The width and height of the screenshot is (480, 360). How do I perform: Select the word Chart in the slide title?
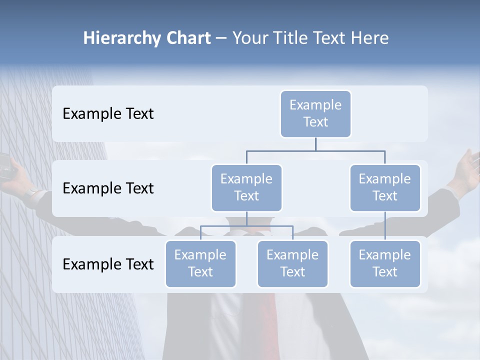click(187, 38)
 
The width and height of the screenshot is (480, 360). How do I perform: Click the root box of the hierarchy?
click(315, 114)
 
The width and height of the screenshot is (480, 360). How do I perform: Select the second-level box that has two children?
click(246, 187)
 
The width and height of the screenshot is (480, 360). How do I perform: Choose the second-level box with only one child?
click(385, 187)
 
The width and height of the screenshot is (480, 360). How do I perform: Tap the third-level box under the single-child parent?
click(385, 263)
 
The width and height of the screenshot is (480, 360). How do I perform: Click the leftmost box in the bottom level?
click(200, 263)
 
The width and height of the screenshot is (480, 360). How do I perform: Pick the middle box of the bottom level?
click(292, 263)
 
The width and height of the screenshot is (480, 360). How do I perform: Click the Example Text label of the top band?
click(108, 114)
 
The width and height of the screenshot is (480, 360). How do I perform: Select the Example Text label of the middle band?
click(108, 188)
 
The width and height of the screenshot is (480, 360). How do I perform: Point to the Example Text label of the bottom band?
click(108, 264)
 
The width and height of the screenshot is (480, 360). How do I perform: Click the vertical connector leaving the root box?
click(315, 144)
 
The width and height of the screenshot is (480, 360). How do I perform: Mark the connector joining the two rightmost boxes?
click(385, 226)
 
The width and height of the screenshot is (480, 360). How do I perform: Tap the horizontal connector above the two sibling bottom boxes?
click(246, 226)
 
